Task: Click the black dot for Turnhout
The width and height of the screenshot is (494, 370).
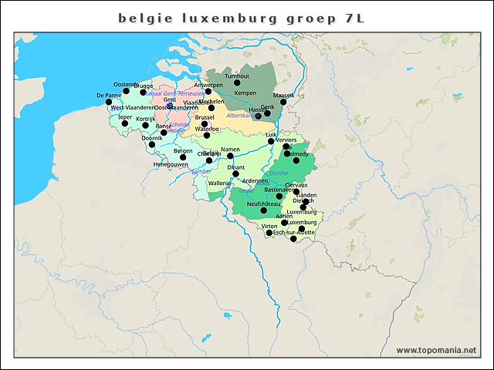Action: point(238,83)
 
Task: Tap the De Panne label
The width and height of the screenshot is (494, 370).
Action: point(109,95)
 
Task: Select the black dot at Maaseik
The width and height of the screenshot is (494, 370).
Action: point(284,102)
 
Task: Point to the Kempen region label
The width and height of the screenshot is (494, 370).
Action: point(245,92)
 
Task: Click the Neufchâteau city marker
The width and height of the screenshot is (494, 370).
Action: point(264,210)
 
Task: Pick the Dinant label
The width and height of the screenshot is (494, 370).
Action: point(235,166)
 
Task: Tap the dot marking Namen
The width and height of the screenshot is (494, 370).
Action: point(230,156)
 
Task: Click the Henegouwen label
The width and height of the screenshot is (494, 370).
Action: point(170,164)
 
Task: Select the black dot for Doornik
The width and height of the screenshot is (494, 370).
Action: point(152,144)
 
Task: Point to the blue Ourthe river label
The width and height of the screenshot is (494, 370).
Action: point(278,173)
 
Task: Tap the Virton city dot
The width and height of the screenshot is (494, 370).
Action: point(269,232)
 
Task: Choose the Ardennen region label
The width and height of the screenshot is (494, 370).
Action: point(254,180)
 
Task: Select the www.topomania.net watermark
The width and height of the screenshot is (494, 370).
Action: point(436,350)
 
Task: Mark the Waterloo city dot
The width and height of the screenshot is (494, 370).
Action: point(206,136)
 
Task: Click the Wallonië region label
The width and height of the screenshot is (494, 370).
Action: point(219,183)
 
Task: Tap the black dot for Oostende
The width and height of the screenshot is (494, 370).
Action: point(127,90)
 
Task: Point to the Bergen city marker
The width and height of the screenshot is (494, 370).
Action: point(183,157)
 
